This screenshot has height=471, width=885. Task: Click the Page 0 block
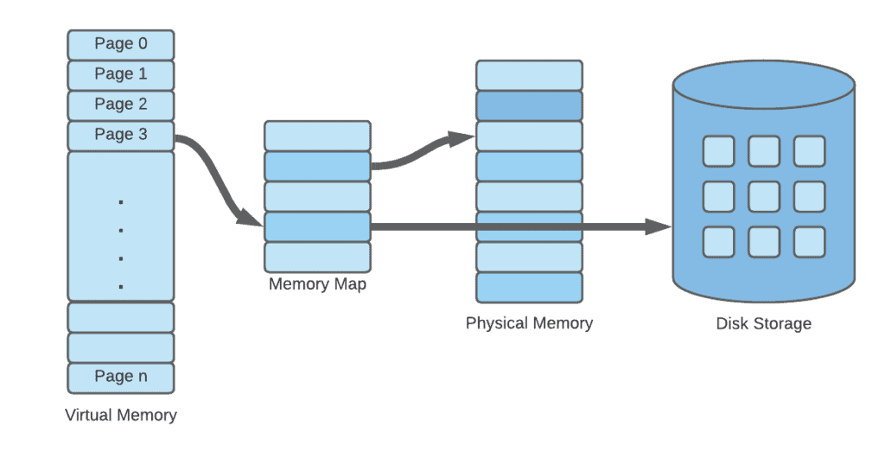(x=121, y=44)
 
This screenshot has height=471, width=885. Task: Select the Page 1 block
(x=121, y=74)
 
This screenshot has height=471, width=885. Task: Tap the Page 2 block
(x=121, y=105)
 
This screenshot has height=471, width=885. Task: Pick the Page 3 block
(x=121, y=135)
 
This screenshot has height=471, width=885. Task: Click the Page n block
(x=121, y=377)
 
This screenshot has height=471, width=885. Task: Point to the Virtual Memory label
(x=121, y=415)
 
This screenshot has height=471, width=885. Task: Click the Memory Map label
(x=317, y=284)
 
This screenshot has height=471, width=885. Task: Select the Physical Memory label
(x=529, y=323)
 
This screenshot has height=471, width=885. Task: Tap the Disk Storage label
(x=764, y=324)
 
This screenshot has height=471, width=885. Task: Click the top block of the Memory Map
(x=317, y=136)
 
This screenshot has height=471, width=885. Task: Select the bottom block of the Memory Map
(x=317, y=257)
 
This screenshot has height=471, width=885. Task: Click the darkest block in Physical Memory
(x=529, y=105)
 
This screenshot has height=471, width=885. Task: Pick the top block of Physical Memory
(x=529, y=75)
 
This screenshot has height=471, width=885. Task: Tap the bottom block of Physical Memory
(x=529, y=287)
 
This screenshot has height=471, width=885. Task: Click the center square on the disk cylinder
(x=764, y=196)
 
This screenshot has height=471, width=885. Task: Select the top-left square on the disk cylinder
(x=718, y=151)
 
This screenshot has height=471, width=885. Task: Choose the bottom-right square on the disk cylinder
(x=810, y=241)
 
